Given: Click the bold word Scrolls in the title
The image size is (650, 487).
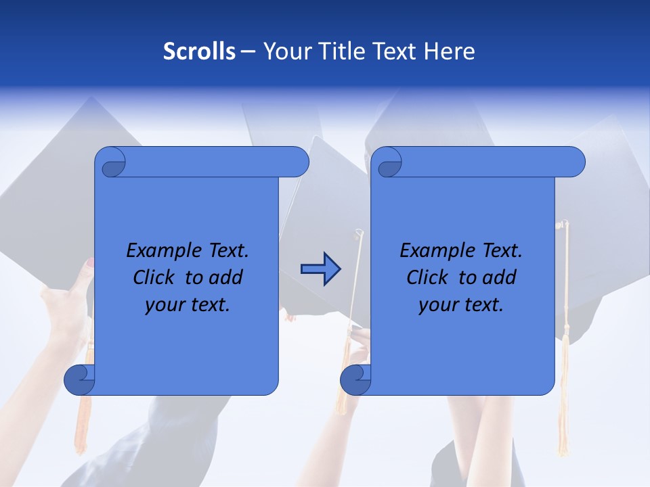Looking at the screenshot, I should coord(199,51).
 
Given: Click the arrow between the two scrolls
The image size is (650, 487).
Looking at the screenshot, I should coord(321,269).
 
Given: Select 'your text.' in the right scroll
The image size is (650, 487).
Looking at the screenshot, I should coord(461,304).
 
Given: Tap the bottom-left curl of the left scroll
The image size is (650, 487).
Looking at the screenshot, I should coord(80,380).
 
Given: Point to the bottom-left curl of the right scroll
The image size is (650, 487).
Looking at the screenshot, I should coord(355,380).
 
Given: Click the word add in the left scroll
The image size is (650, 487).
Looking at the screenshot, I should coord(225,277).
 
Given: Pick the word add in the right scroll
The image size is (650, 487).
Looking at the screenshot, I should coord(499,277).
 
